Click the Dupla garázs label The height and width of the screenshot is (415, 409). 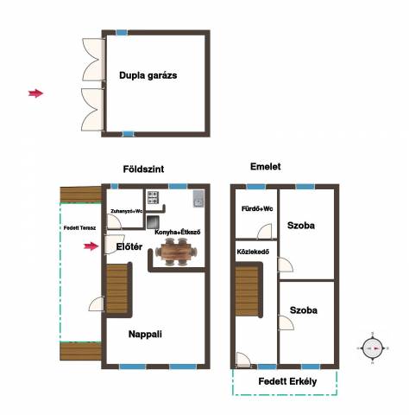(x=148, y=76)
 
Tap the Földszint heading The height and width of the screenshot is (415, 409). (x=143, y=169)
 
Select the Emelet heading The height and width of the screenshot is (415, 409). (x=266, y=167)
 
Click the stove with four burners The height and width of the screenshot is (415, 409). (x=153, y=197)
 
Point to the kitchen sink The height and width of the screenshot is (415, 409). (x=198, y=199)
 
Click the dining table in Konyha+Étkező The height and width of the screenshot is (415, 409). (x=176, y=252)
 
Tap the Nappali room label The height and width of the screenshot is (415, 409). (x=145, y=335)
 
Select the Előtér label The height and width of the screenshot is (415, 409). (x=129, y=246)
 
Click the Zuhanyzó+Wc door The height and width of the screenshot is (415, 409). (x=114, y=221)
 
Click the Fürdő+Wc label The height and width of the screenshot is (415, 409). (x=257, y=208)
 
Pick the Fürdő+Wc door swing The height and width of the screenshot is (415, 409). (x=264, y=232)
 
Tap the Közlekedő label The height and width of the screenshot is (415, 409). (x=253, y=252)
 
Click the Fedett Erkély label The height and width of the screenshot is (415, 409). (x=287, y=381)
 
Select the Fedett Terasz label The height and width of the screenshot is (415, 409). (x=79, y=228)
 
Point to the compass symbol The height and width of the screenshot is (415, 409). (x=373, y=348)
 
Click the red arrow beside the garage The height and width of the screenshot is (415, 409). (x=35, y=93)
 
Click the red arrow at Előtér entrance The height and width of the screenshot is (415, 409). (x=91, y=246)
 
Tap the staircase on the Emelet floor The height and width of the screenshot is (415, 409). (x=249, y=290)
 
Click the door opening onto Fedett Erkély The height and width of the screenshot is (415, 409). (x=243, y=360)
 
